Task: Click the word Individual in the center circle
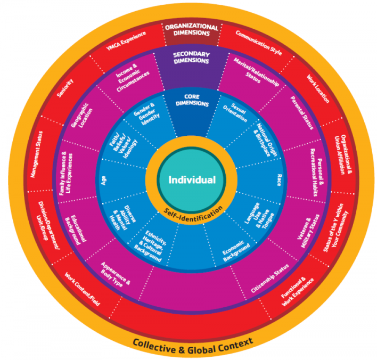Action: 192,180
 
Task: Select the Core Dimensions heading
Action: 192,100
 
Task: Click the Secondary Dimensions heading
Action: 191,58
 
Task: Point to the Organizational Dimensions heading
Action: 192,30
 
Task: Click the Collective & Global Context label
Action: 193,346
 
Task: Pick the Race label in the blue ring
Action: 279,180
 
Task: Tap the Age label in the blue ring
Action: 103,181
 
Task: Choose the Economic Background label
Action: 235,251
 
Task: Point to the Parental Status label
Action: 302,113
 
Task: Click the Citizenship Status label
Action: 270,279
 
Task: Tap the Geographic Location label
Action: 82,116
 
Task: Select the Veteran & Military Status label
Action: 308,231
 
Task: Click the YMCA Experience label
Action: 126,40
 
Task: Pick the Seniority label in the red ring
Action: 65,88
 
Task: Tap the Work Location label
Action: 318,89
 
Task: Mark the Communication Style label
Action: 259,43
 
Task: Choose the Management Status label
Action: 37,154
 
